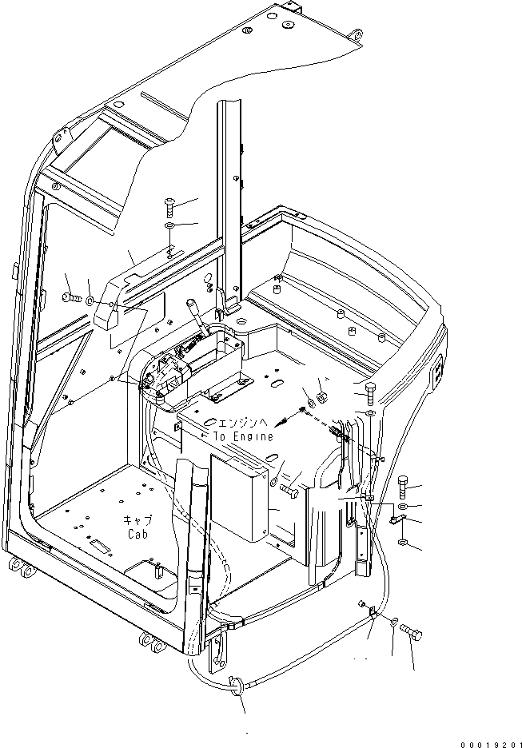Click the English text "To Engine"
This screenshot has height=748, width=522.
click(x=243, y=436)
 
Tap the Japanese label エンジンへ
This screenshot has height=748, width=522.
click(x=245, y=424)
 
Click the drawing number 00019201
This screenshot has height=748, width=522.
click(x=484, y=742)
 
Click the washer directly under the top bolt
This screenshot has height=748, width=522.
click(x=170, y=226)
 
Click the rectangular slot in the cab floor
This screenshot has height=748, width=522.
click(x=102, y=545)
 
